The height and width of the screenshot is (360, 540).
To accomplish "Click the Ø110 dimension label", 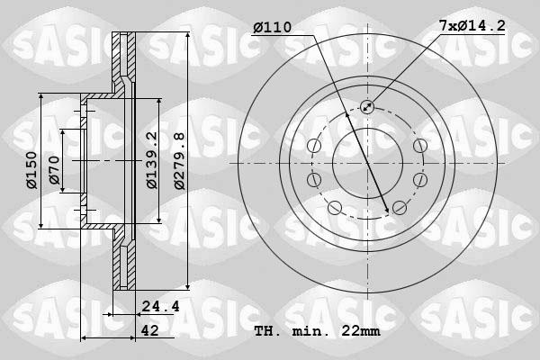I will point(272,28).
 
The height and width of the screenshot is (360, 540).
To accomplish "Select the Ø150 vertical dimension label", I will point(31,170).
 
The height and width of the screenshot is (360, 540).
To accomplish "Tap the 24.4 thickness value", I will point(161,306).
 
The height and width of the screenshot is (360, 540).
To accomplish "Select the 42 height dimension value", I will point(152,330).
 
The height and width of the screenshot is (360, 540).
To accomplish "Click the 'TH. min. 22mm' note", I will point(317,331).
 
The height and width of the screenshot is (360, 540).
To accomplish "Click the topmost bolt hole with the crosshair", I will point(367,107).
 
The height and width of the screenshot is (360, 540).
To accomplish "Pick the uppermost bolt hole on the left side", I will point(314,147).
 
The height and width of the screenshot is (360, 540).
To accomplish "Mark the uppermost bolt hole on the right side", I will point(419,147).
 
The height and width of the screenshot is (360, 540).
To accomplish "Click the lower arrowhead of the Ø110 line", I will point(388,211).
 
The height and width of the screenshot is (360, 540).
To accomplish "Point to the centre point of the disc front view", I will point(367,163).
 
